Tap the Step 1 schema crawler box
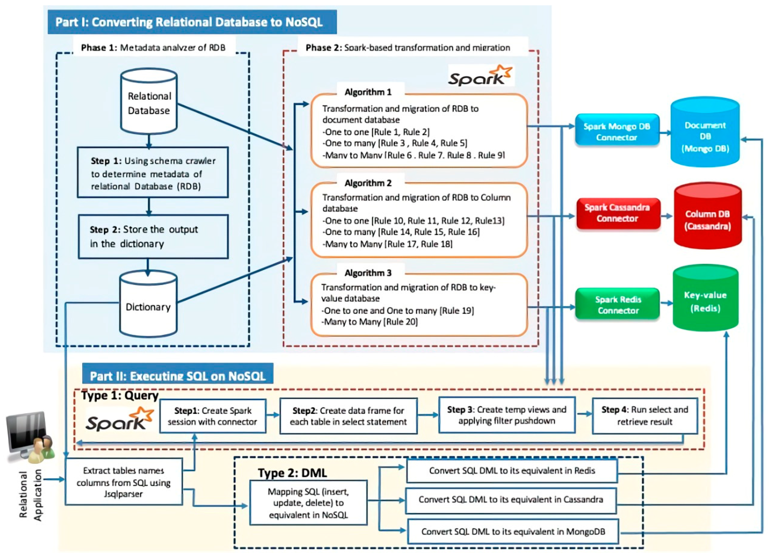153,173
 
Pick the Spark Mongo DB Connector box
617,132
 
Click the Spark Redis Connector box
617,305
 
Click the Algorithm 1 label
368,92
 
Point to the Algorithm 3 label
368,273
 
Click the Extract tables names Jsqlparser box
123,482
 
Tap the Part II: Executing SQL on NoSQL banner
177,375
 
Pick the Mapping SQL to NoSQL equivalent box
308,503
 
